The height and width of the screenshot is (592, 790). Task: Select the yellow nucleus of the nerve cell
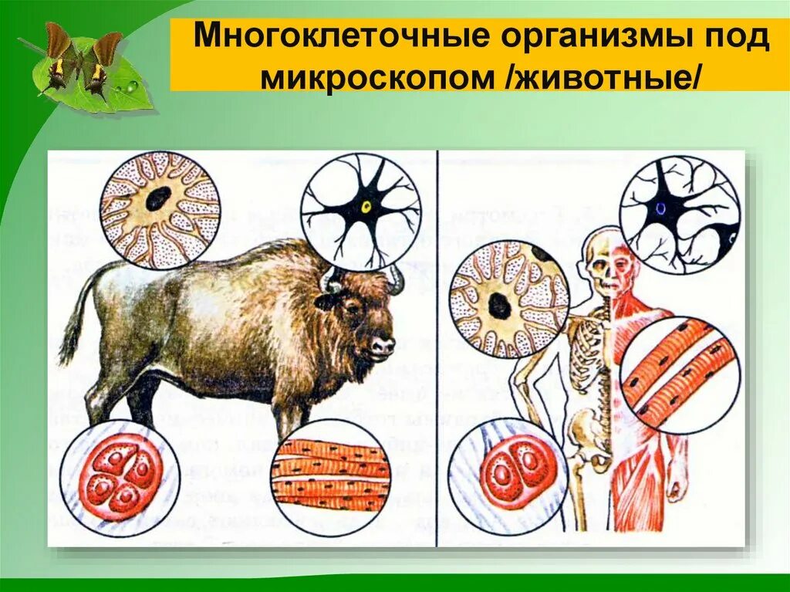pyautogui.click(x=366, y=208)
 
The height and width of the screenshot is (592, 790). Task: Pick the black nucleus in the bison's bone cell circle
pyautogui.click(x=159, y=199)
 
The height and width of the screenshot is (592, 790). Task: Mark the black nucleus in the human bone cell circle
pyautogui.click(x=500, y=306)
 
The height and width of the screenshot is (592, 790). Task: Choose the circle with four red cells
pyautogui.click(x=120, y=476)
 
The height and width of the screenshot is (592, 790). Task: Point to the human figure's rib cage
pyautogui.click(x=591, y=339)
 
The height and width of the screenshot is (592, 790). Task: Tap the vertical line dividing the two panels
pyautogui.click(x=437, y=347)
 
